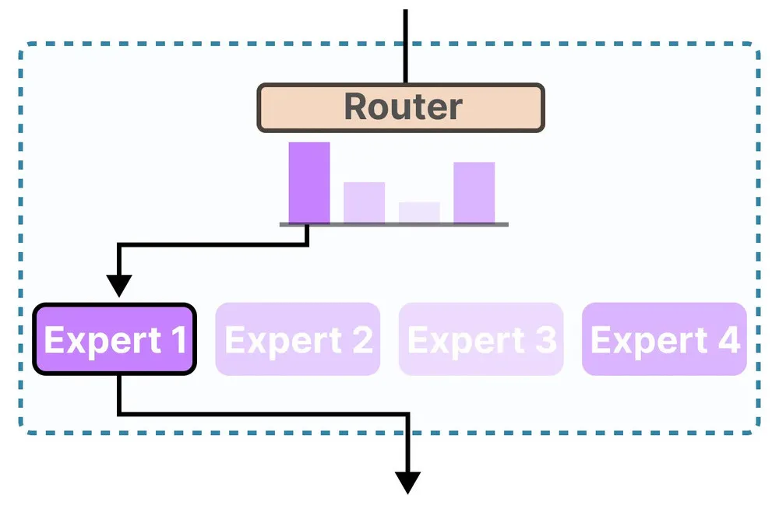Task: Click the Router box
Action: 400,107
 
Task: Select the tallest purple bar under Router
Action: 309,183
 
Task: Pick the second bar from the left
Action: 364,202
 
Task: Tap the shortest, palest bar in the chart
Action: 419,212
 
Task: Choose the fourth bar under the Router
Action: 474,192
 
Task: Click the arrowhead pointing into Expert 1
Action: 118,286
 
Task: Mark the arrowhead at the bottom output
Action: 407,482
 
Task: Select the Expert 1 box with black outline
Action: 114,339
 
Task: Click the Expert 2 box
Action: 298,339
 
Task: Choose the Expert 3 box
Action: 481,339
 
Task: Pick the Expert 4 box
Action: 664,339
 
